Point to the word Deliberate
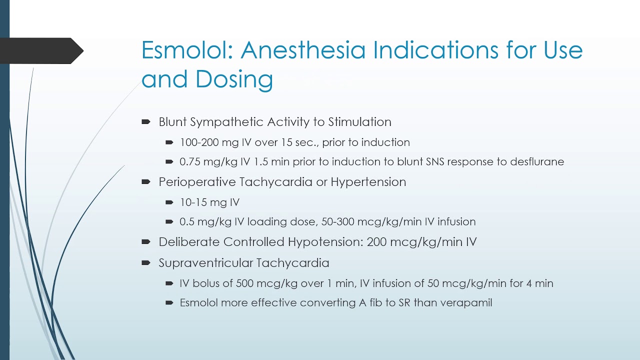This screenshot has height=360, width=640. (x=189, y=242)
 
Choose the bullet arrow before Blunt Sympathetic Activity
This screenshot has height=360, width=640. (x=146, y=122)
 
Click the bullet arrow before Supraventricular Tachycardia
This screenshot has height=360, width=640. (x=146, y=263)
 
